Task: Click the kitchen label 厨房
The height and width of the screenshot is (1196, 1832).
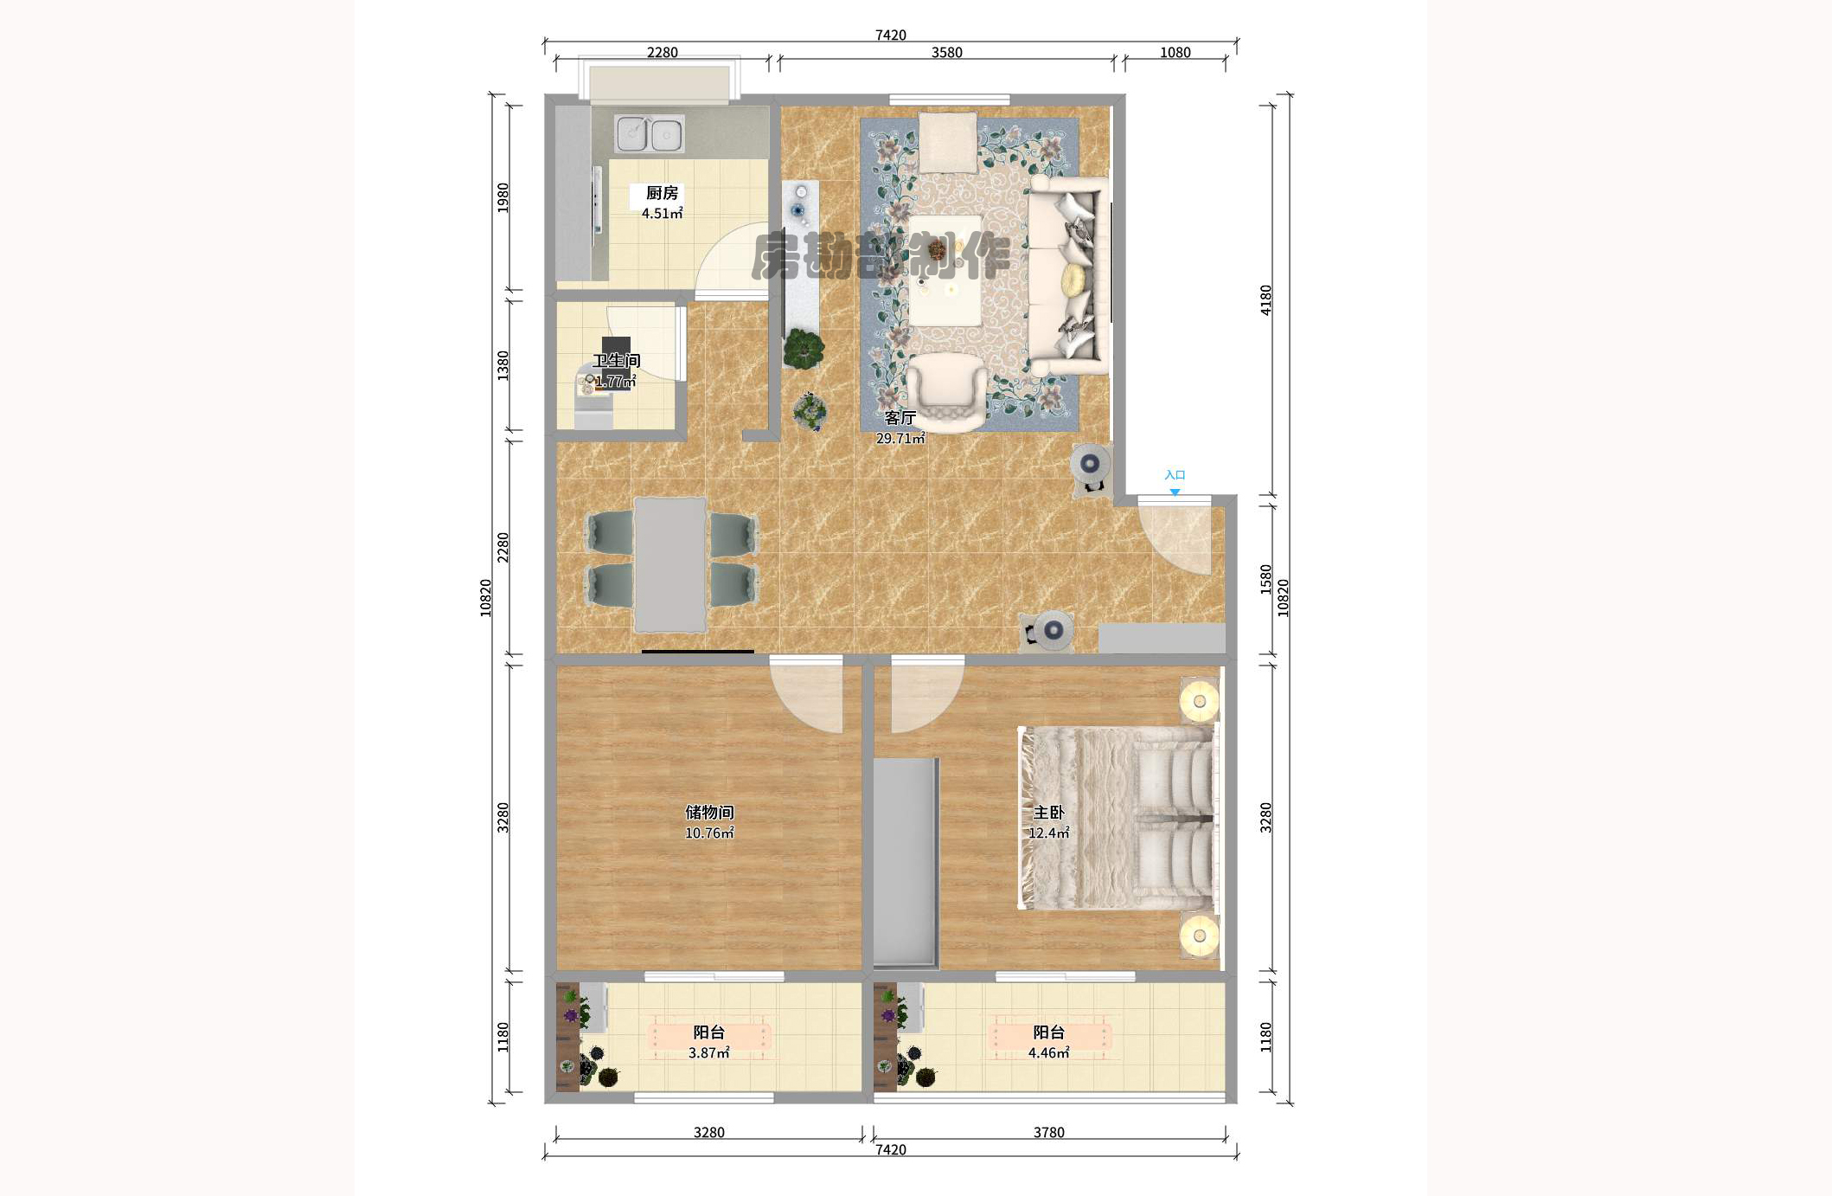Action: tap(662, 193)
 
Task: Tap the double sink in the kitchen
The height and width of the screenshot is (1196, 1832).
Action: tap(649, 134)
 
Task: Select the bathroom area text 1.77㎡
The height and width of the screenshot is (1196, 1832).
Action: tap(615, 381)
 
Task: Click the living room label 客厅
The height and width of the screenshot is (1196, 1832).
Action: tap(900, 418)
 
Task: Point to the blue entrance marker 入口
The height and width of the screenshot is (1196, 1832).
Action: tap(1175, 475)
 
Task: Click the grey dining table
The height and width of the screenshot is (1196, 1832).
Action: tap(669, 565)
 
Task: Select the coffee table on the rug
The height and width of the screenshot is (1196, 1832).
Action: tap(945, 269)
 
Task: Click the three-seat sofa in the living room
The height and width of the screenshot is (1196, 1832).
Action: tap(1067, 277)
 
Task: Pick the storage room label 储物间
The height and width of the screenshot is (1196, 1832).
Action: tap(709, 812)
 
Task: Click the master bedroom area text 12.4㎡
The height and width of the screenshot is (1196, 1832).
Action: tap(1048, 833)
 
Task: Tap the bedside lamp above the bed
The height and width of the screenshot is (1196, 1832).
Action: tap(1199, 700)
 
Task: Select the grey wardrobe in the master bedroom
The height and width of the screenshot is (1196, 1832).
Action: tap(906, 862)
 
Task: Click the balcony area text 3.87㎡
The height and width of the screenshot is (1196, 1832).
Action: tap(708, 1052)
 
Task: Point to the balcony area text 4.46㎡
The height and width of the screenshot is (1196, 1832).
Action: tap(1048, 1052)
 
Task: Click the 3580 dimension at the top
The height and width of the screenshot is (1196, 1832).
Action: tap(946, 52)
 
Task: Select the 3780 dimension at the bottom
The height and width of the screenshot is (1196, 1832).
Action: tap(1048, 1132)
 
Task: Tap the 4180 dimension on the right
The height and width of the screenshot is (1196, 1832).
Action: tap(1265, 299)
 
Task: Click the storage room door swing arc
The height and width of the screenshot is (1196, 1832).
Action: tap(804, 697)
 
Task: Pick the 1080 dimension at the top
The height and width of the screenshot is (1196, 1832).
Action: tap(1175, 52)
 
